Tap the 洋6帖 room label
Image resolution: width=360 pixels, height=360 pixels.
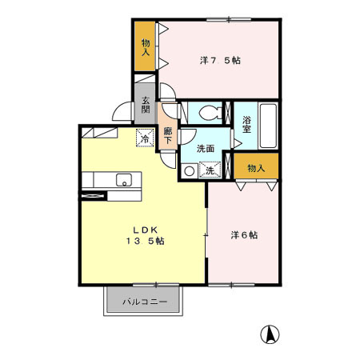[244, 235]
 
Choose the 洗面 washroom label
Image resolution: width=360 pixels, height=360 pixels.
[206, 148]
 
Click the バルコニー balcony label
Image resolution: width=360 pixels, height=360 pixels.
[145, 303]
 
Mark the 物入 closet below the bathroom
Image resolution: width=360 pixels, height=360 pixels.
[256, 168]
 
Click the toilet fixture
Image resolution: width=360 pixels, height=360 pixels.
[208, 112]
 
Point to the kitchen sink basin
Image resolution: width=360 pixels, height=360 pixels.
[124, 179]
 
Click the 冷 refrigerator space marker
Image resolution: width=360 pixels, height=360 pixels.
[145, 138]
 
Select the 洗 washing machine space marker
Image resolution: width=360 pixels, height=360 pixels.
[210, 170]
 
